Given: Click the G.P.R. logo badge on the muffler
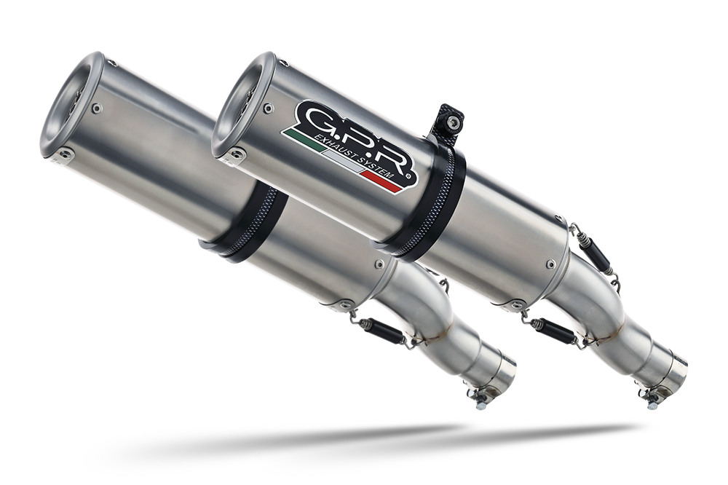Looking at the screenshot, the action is (349, 144).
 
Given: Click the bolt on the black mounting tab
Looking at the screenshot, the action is (452, 122).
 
